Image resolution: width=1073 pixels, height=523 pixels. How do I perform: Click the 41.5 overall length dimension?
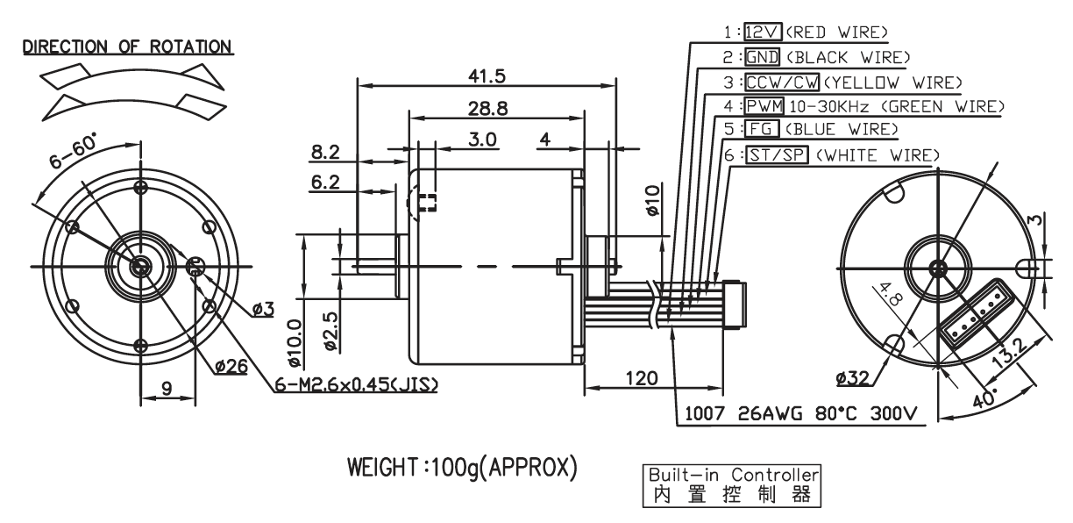point(487,76)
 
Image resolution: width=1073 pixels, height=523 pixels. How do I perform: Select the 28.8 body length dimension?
point(487,109)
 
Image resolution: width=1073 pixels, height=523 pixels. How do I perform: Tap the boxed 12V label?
point(763,32)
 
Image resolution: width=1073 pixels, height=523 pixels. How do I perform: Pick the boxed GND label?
point(763,57)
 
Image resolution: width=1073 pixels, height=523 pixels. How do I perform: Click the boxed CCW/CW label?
point(782,82)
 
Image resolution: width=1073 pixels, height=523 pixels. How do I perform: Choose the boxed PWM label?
point(764,105)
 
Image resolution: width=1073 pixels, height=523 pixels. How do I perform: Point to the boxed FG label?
point(762,129)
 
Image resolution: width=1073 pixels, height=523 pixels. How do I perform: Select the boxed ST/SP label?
point(777,154)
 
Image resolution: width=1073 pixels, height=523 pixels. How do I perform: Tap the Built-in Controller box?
point(731,485)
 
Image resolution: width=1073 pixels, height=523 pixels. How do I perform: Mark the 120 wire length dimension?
point(642,379)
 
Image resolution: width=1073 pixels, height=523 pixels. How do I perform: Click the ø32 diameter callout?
point(853,379)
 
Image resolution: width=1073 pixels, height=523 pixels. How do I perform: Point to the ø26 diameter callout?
point(231,367)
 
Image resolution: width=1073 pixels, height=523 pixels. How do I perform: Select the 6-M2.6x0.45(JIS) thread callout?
point(356,384)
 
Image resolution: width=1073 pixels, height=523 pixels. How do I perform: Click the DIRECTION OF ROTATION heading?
point(127,47)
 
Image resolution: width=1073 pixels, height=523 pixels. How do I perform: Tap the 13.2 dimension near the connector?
point(1010,354)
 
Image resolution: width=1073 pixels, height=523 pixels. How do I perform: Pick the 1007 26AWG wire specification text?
point(801,413)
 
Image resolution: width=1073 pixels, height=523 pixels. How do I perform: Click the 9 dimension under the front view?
point(167,388)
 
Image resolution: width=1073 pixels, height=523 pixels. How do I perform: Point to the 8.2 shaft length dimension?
point(325,153)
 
